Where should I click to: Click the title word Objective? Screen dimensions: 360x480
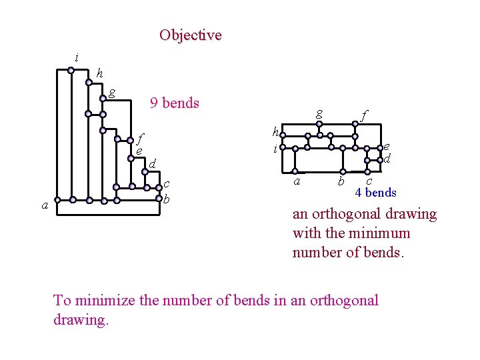[190, 35]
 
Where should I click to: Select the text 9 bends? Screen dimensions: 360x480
[175, 103]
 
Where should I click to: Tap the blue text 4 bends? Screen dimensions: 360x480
[375, 193]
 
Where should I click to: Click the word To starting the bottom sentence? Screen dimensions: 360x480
[62, 300]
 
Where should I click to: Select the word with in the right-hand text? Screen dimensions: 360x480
[307, 233]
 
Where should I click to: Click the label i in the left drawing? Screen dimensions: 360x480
[77, 58]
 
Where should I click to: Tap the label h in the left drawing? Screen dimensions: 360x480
[99, 73]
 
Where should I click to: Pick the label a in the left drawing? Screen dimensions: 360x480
[45, 206]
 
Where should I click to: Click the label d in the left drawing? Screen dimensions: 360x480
[152, 164]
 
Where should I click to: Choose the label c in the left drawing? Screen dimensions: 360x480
[167, 183]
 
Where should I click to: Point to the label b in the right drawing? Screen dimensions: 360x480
[341, 181]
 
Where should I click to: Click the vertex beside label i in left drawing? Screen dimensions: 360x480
[72, 69]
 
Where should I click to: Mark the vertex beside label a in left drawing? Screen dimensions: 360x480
[57, 199]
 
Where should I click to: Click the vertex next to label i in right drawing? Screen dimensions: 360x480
[283, 147]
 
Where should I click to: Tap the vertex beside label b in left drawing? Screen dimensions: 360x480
[160, 199]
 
